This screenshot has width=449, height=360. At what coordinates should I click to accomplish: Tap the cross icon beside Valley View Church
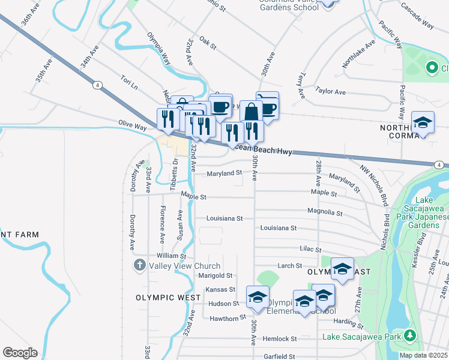(x=139, y=265)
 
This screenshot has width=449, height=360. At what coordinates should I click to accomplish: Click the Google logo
(x=20, y=353)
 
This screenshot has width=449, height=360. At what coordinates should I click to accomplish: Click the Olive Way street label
(x=133, y=127)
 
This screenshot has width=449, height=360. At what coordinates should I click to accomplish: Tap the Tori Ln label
(x=129, y=82)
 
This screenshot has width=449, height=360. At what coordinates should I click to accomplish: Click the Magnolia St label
(x=324, y=212)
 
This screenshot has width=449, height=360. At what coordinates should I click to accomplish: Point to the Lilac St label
(x=310, y=249)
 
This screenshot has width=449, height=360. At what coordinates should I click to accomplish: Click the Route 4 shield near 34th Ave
(x=97, y=85)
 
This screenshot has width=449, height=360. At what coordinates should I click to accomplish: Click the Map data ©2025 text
(x=423, y=355)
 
